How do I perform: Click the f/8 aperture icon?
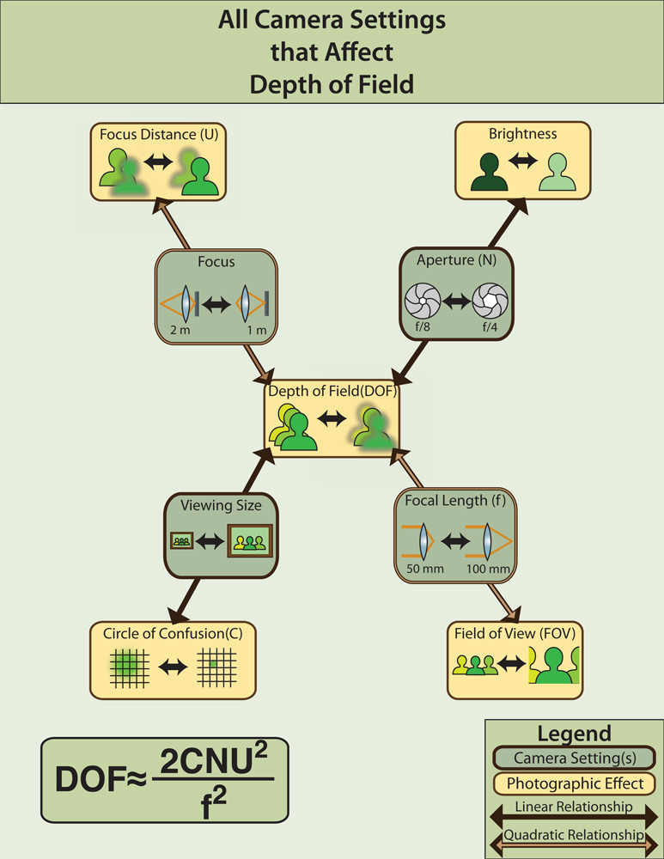tap(422, 300)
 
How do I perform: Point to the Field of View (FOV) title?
tap(515, 633)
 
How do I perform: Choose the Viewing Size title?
tap(221, 505)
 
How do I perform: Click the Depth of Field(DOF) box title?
tap(332, 391)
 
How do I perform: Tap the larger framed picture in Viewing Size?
tap(249, 541)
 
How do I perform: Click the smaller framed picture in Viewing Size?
tap(181, 541)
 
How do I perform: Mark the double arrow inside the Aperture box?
tap(459, 301)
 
